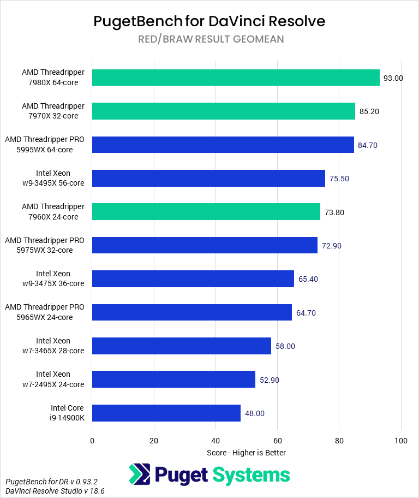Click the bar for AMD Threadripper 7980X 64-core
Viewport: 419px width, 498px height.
(236, 78)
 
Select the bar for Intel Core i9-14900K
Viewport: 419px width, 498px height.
(166, 413)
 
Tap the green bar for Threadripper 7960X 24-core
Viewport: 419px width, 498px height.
(206, 212)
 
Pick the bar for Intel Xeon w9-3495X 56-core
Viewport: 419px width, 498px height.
(208, 178)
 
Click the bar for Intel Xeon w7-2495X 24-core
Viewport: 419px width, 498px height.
(173, 380)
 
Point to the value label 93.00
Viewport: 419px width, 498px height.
(393, 78)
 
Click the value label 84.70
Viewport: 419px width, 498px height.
(367, 145)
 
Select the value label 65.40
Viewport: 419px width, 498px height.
(308, 279)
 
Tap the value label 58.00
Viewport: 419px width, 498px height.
(285, 346)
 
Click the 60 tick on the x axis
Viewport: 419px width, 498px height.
(278, 441)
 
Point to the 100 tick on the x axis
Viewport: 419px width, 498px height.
(401, 441)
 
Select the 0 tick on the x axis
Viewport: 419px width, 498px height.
(92, 441)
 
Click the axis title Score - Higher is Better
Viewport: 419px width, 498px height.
(246, 453)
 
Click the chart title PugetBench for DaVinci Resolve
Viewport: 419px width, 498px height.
(209, 21)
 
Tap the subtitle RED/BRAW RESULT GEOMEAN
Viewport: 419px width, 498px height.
(209, 39)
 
